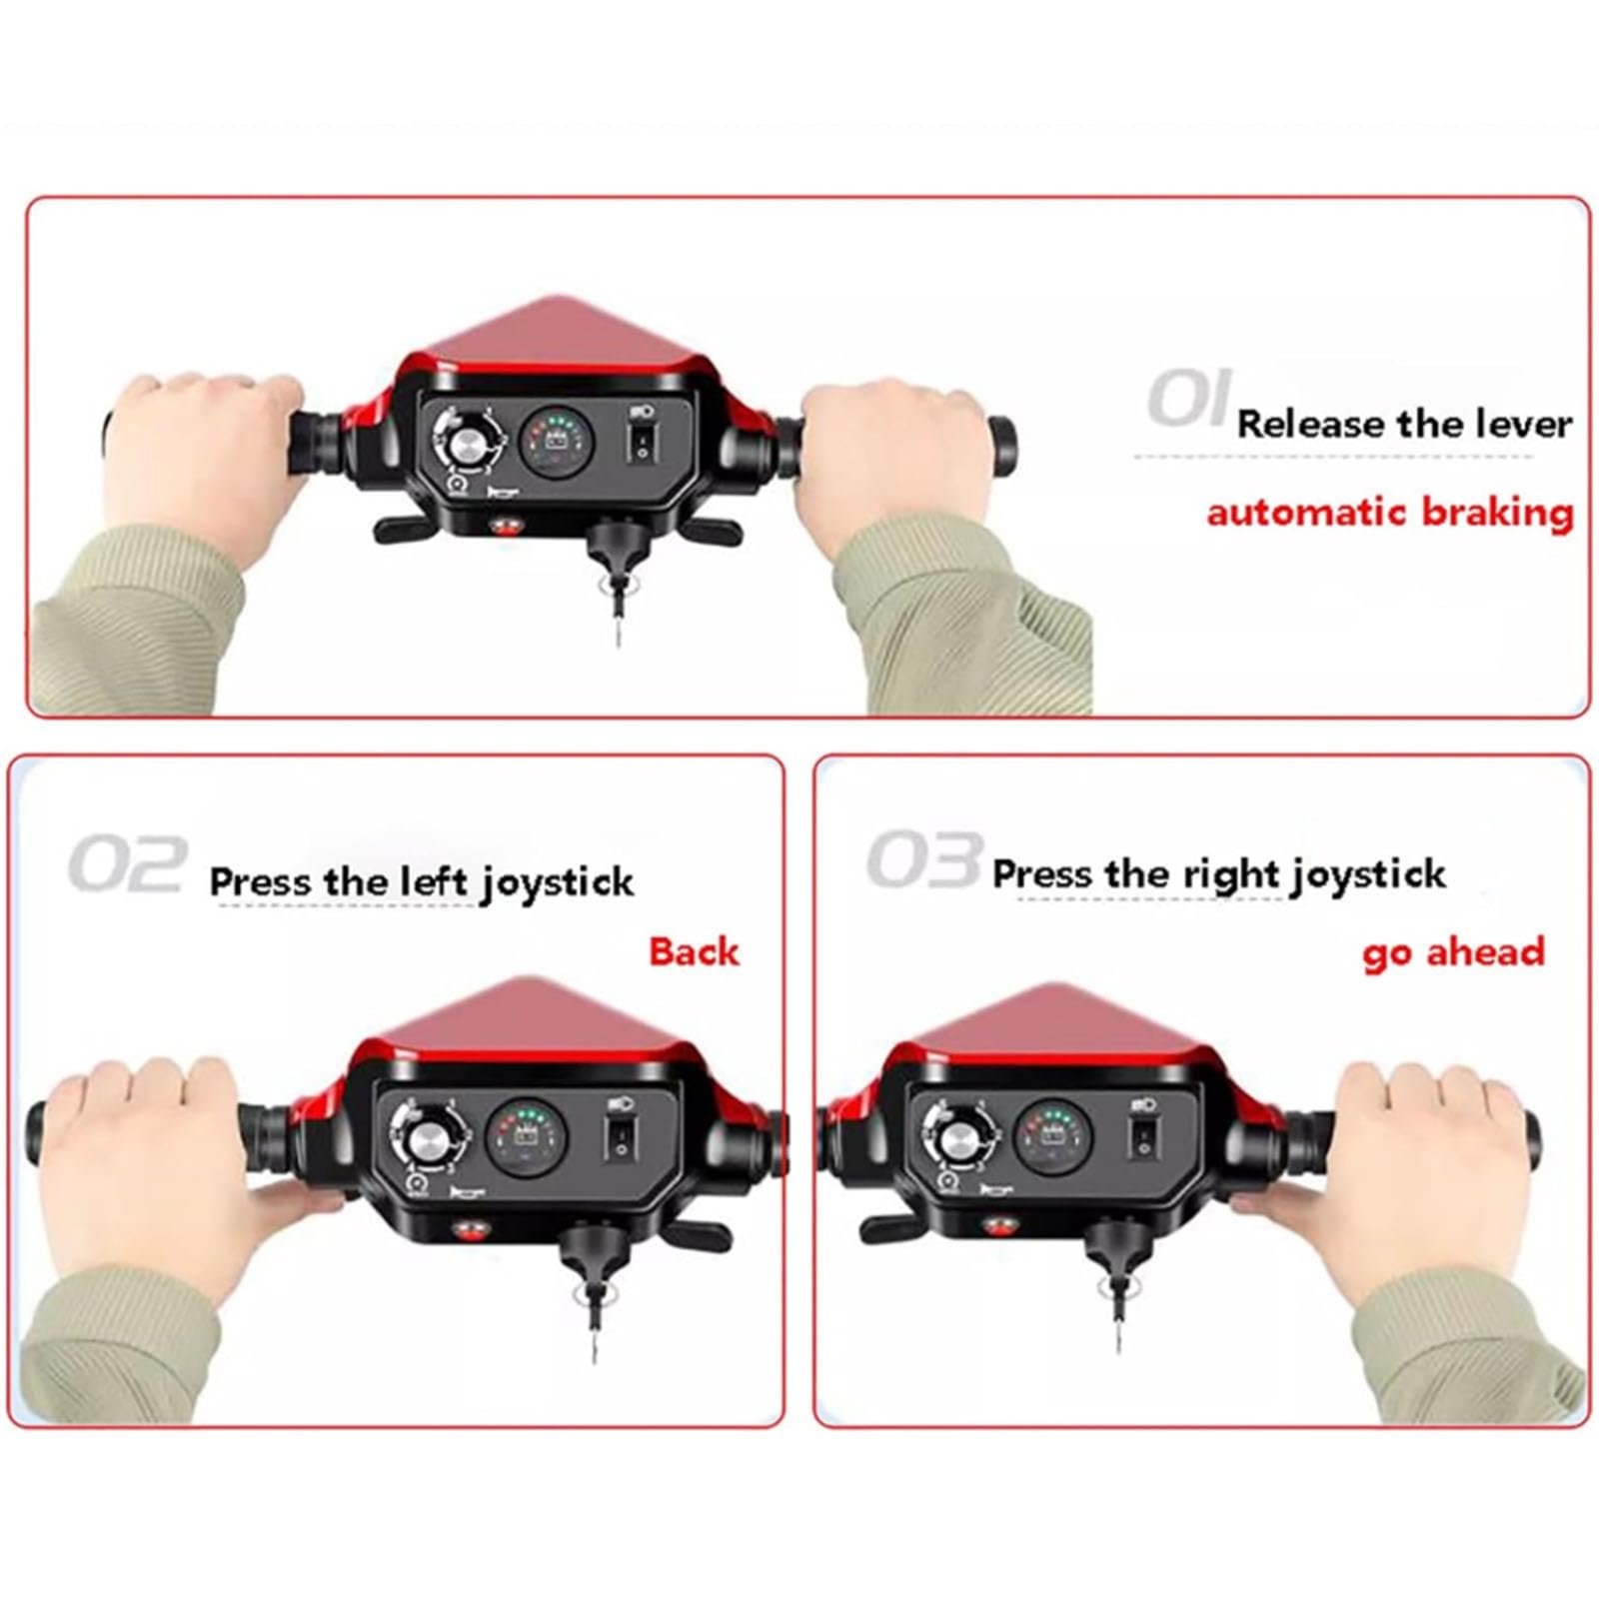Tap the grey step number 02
[x=127, y=864]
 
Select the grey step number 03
[x=923, y=859]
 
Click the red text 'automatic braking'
[x=1390, y=513]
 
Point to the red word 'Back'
[x=694, y=950]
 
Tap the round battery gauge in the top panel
[x=557, y=441]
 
